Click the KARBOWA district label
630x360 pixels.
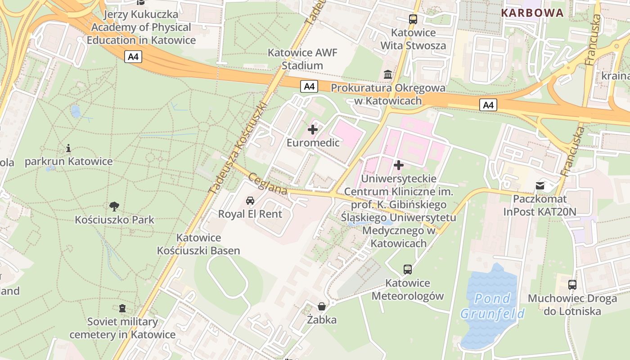pyautogui.click(x=532, y=13)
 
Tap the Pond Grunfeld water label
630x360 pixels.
pyautogui.click(x=492, y=306)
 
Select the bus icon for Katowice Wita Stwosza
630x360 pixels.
pyautogui.click(x=413, y=19)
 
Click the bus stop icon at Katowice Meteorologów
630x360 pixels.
pyautogui.click(x=407, y=270)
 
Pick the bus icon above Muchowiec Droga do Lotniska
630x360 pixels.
pyautogui.click(x=572, y=285)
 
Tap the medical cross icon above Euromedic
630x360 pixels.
pyautogui.click(x=312, y=130)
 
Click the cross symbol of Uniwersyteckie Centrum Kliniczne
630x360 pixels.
pyautogui.click(x=398, y=165)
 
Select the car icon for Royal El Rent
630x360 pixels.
pyautogui.click(x=250, y=200)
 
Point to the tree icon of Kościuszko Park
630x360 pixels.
pyautogui.click(x=114, y=207)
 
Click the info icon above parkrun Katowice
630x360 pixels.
pyautogui.click(x=68, y=148)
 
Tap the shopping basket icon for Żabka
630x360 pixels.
pyautogui.click(x=322, y=307)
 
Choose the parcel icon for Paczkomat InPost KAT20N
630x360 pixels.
pyautogui.click(x=540, y=185)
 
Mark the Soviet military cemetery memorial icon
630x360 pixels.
pyautogui.click(x=122, y=308)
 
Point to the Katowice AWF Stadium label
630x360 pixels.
pyautogui.click(x=302, y=59)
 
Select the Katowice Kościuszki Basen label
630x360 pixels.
pyautogui.click(x=198, y=244)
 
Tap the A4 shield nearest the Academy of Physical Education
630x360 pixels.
pyautogui.click(x=134, y=57)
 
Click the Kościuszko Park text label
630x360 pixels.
pyautogui.click(x=114, y=220)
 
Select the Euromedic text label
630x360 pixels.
pyautogui.click(x=313, y=143)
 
